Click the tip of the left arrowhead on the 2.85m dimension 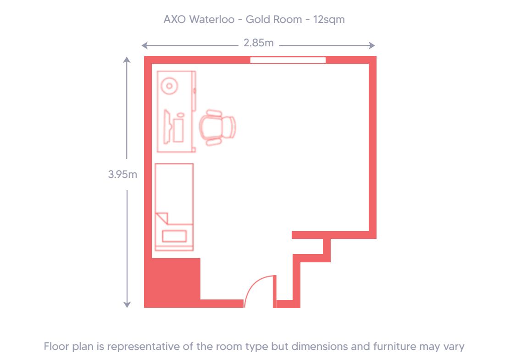tap(142, 45)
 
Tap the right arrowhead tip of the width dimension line tap(375, 45)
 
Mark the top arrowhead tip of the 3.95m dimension tap(127, 57)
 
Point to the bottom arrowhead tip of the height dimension tap(127, 308)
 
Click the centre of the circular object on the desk tap(169, 86)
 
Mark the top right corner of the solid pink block tap(200, 258)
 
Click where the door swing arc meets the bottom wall tap(244, 307)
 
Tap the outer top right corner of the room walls tap(377, 56)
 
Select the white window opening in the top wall tap(288, 60)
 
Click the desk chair tap(217, 127)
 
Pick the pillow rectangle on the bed tap(174, 236)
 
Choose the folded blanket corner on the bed tap(162, 218)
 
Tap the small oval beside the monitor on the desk tap(180, 115)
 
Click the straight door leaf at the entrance tap(275, 291)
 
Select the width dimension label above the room tap(259, 43)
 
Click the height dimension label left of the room tap(122, 174)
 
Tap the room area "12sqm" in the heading tap(329, 20)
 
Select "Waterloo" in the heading tap(212, 20)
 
